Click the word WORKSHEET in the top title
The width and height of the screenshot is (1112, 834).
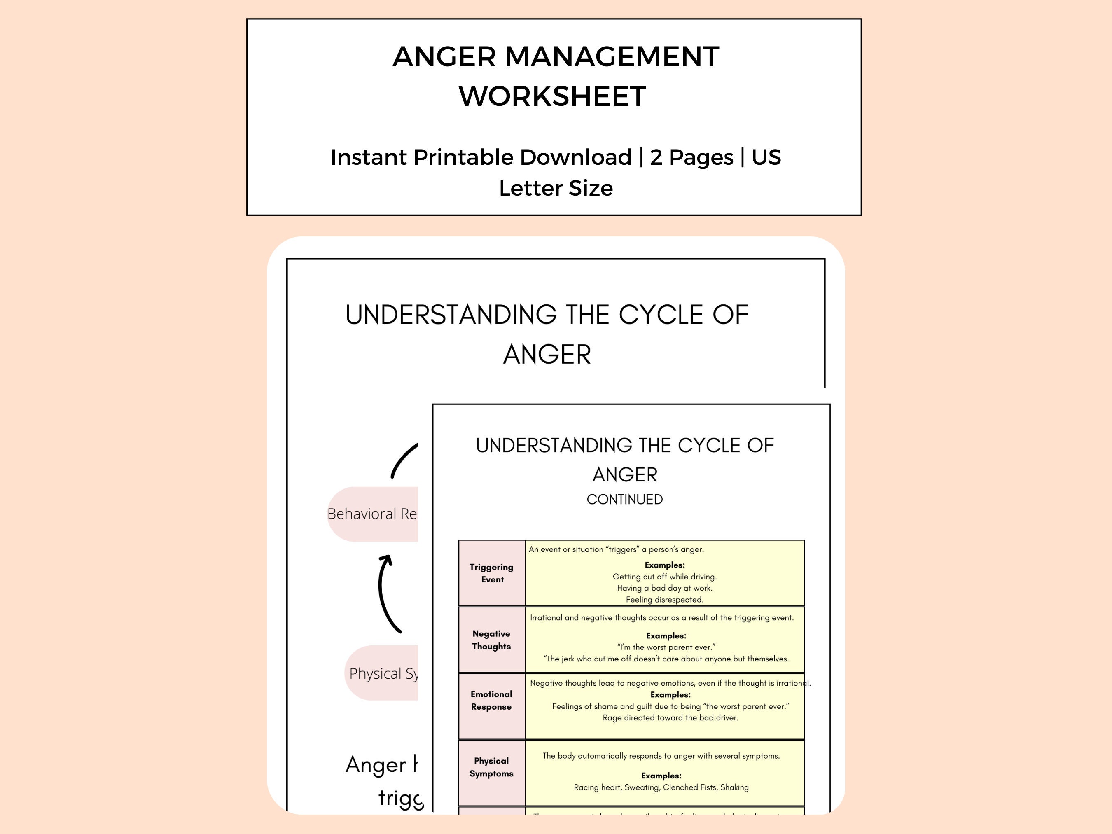coord(552,96)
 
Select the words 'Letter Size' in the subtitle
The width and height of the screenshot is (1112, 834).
coord(556,188)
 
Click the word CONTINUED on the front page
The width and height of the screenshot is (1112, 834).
coord(624,499)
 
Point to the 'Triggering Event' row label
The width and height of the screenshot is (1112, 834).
coord(491,573)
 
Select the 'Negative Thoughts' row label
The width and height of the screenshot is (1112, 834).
coord(491,640)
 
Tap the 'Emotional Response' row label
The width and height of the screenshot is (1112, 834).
coord(491,700)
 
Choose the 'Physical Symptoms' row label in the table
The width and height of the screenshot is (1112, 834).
coord(491,767)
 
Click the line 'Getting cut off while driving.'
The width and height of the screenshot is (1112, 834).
coord(664,577)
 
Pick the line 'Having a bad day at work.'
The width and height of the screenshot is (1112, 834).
coord(664,588)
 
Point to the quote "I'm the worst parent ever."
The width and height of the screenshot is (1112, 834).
coord(666,647)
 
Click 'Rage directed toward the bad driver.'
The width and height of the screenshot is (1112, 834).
coord(670,718)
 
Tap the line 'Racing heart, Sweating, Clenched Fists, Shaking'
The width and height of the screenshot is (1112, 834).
coord(661,787)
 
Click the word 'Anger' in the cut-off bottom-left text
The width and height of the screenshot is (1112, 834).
coord(376,765)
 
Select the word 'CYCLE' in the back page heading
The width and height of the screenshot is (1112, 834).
coord(660,315)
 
